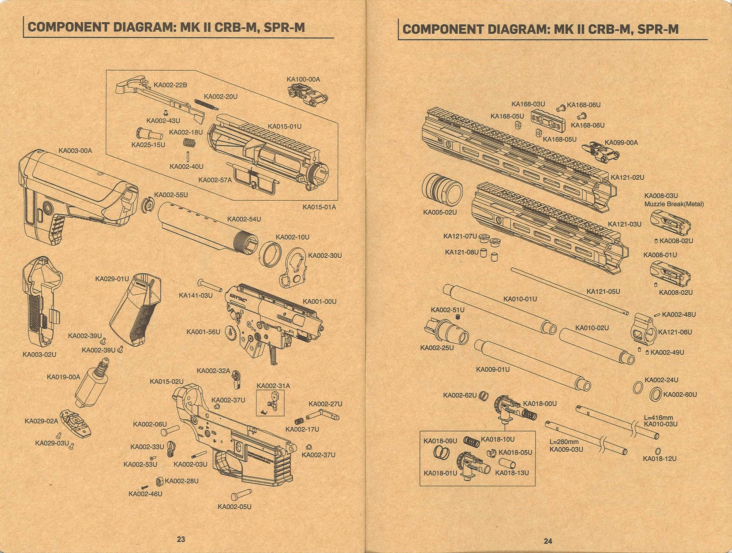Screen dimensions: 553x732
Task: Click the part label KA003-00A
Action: [x=75, y=150]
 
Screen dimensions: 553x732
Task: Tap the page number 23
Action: [x=181, y=539]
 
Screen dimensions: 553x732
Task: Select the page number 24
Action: [x=548, y=541]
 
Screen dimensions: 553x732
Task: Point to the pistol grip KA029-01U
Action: [x=135, y=311]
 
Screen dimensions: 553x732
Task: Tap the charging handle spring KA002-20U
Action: [x=206, y=105]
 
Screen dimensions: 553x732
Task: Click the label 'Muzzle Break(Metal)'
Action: [x=674, y=204]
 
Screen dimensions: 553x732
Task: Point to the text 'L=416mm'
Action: [x=658, y=418]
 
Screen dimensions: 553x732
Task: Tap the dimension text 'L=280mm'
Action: [x=564, y=442]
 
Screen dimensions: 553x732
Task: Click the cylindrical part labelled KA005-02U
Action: [x=442, y=189]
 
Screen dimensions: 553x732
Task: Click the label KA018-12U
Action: [x=660, y=459]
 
